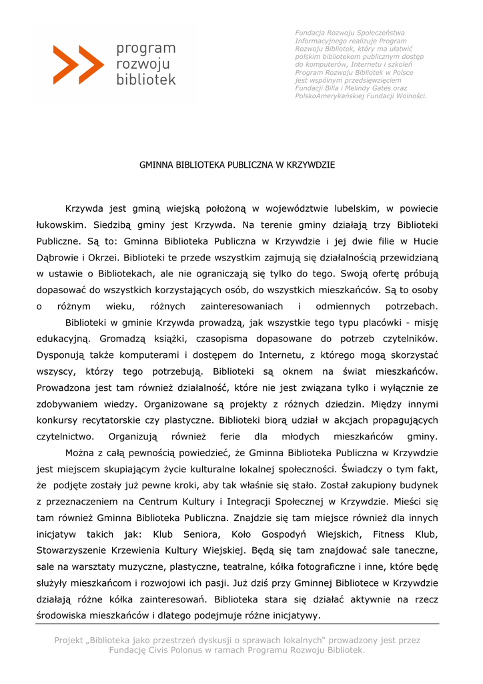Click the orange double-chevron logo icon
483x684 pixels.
79,65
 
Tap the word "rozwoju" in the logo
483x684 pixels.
143,64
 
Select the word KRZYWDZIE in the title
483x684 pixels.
310,164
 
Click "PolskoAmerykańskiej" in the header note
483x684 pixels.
327,96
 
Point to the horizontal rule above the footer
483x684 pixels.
237,624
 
